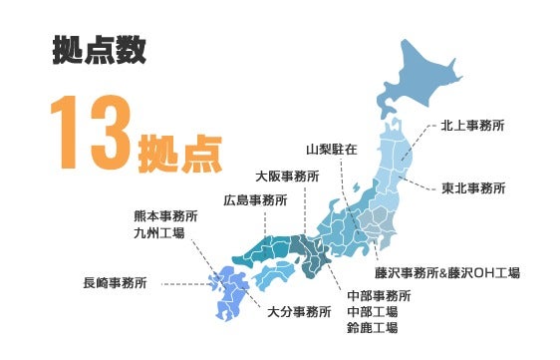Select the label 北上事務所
point(472,127)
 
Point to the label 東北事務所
point(472,187)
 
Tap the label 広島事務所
point(255,199)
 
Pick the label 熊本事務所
point(165,216)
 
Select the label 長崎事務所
point(116,283)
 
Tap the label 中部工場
point(372,311)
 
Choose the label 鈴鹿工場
point(372,327)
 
